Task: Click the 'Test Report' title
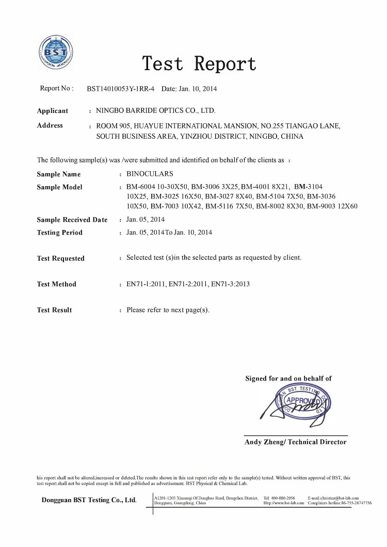click(199, 64)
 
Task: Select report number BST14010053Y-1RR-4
click(121, 89)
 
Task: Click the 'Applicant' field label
click(52, 111)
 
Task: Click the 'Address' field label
click(50, 125)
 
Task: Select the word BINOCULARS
click(150, 174)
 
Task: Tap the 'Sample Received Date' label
click(72, 220)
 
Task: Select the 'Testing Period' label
click(59, 233)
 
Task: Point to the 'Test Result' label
click(54, 310)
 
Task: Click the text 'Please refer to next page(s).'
click(168, 310)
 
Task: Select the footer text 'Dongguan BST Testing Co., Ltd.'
click(89, 500)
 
